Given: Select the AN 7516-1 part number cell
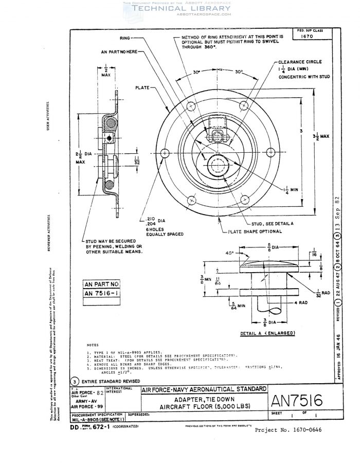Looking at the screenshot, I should coord(102,293).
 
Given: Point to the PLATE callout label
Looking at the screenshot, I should coord(143,88).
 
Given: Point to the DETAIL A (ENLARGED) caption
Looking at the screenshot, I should coord(266,333).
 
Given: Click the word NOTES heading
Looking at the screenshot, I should coord(93,345).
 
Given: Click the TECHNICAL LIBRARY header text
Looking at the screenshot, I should coord(182,8).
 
